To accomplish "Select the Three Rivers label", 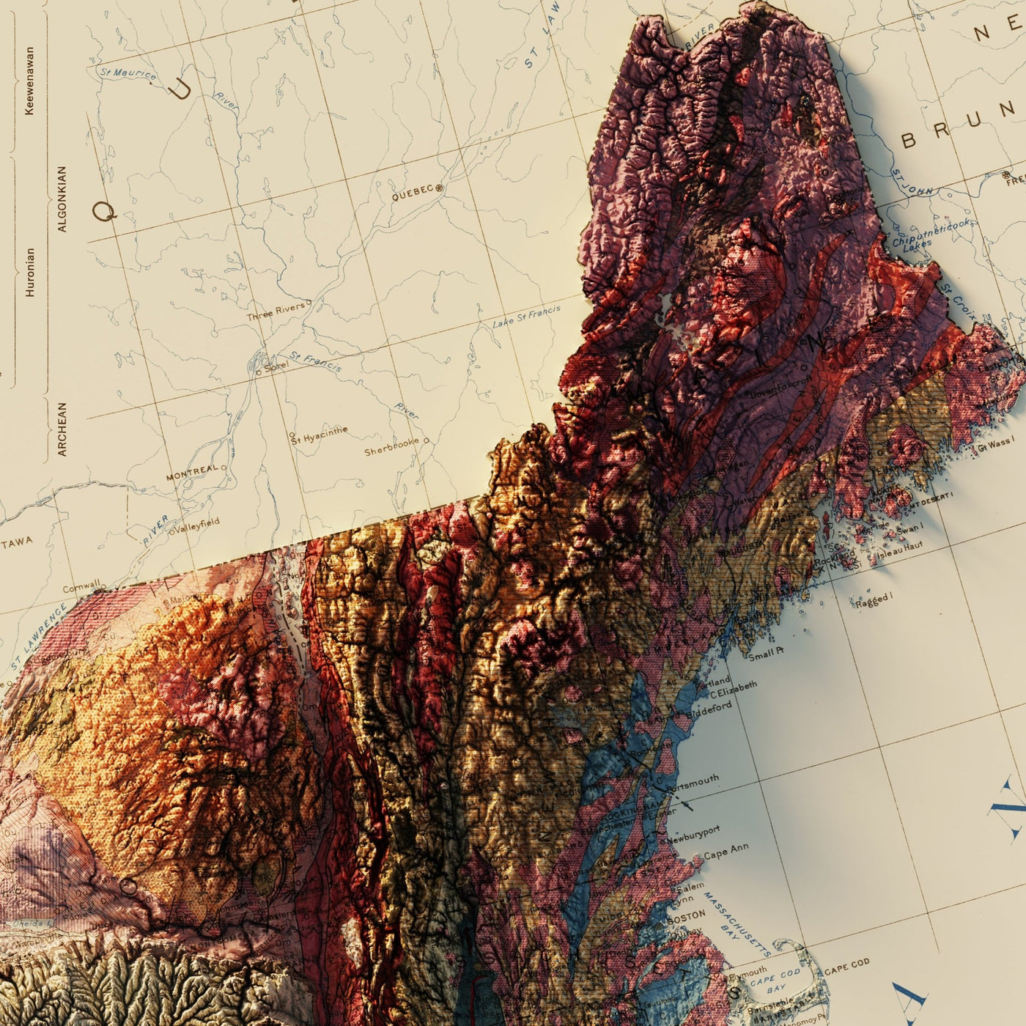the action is [x=275, y=312].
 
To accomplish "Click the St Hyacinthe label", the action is [x=320, y=435].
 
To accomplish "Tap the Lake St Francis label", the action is [x=526, y=317].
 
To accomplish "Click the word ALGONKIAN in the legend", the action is [x=62, y=199].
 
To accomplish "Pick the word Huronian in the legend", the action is [x=30, y=271].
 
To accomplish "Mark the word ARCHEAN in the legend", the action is [x=62, y=429].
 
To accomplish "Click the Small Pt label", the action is [x=765, y=654].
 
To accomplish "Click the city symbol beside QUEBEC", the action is [x=440, y=188].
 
